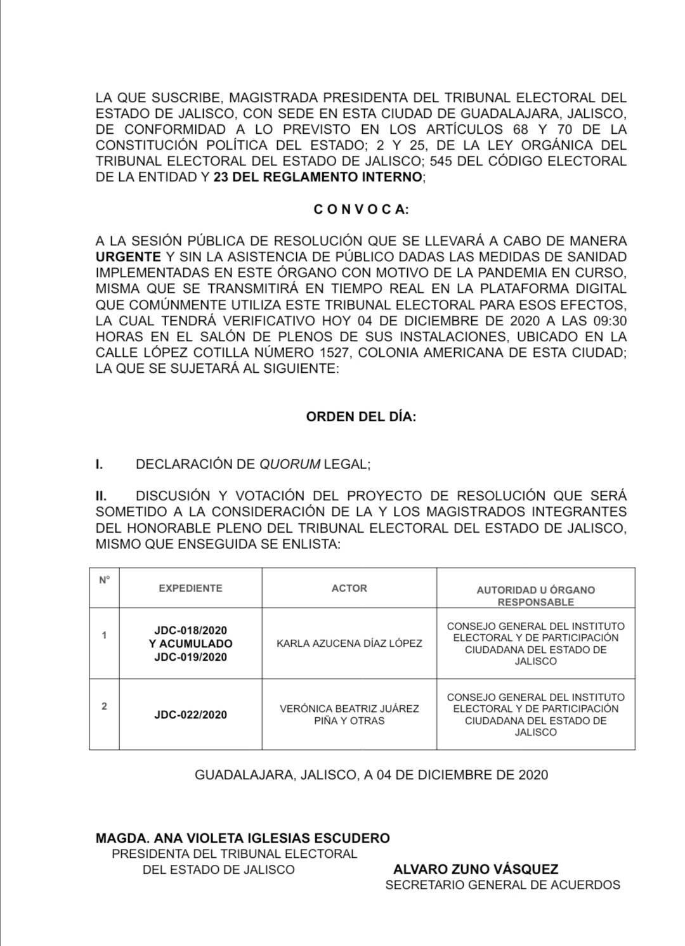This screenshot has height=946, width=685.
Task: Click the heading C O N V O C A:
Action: coord(362,210)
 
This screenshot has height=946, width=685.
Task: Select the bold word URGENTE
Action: coord(128,257)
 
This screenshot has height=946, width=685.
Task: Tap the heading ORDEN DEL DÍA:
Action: coord(361,417)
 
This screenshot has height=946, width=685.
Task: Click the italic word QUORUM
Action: coord(290,464)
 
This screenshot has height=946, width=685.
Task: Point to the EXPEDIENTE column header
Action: coord(190,588)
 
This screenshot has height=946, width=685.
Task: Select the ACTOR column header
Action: coord(349,588)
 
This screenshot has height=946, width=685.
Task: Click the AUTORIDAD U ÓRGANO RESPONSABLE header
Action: coord(535,595)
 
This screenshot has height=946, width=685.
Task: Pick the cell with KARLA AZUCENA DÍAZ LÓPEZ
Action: coord(349,644)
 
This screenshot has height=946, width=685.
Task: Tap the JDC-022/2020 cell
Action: coord(190,715)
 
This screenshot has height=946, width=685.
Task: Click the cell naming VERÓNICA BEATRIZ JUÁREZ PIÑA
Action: coord(349,715)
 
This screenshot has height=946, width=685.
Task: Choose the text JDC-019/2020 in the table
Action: coord(190,657)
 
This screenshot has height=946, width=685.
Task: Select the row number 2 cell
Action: coord(104,706)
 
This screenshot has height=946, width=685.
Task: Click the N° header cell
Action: coord(104,580)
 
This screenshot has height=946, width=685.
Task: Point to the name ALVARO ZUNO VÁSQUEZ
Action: coord(476,869)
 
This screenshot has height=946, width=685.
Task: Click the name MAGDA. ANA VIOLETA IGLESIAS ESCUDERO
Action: coord(242,838)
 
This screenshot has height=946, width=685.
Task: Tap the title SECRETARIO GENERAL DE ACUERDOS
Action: coord(502,885)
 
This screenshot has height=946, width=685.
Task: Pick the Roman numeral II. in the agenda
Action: coord(101,496)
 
